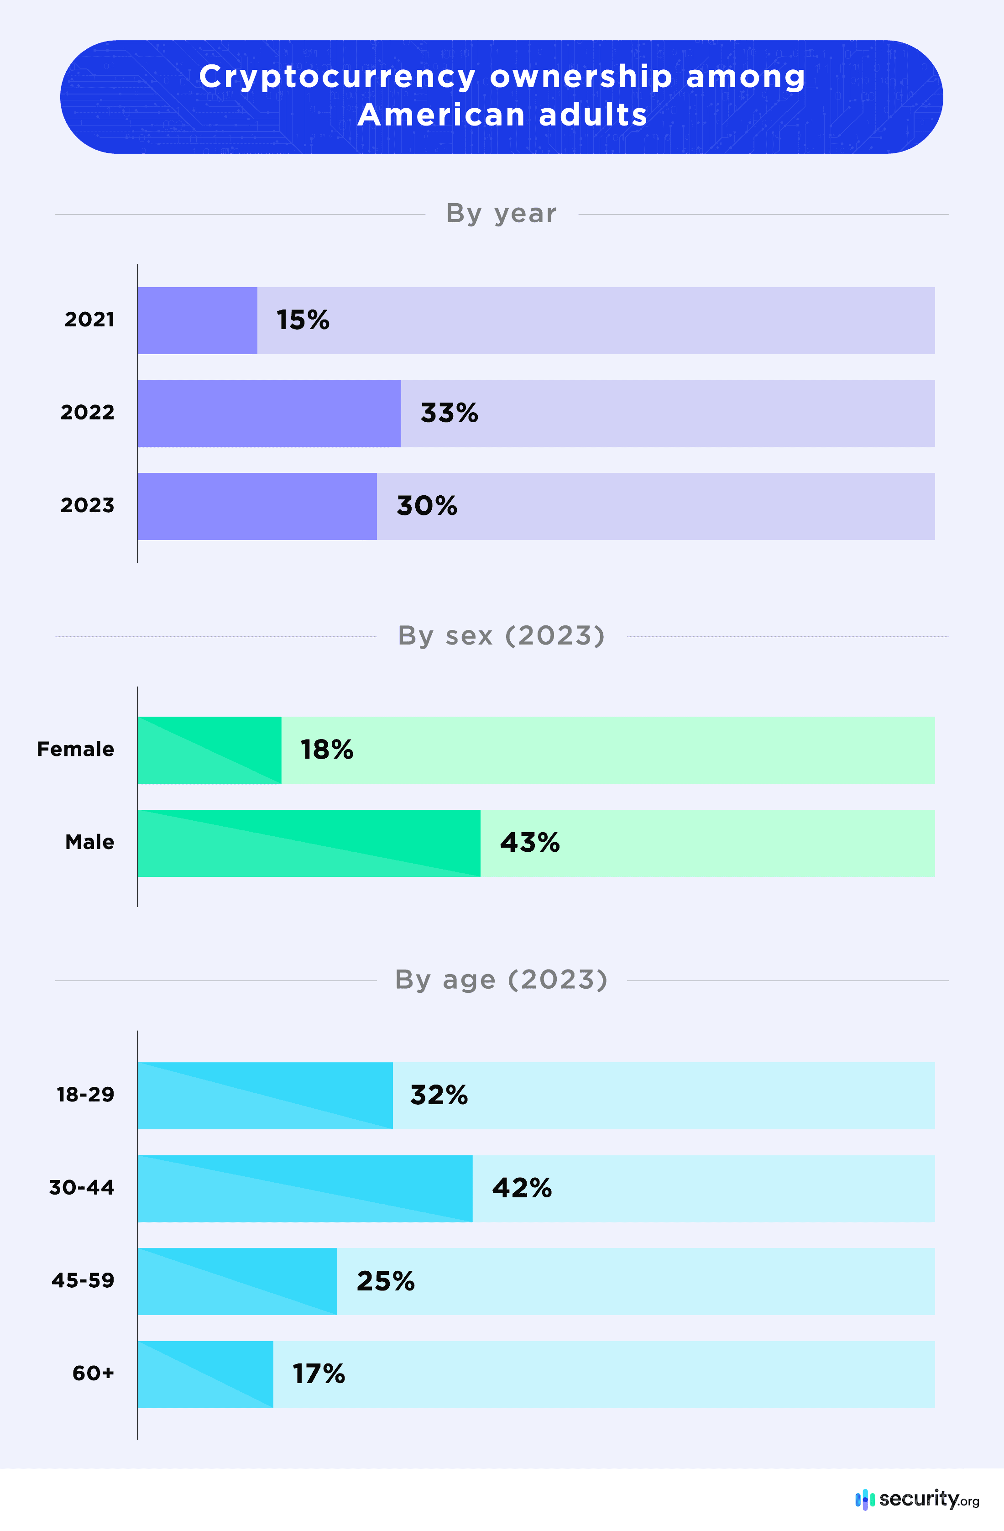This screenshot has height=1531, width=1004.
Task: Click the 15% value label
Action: tap(302, 320)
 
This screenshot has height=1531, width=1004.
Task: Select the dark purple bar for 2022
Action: tap(269, 413)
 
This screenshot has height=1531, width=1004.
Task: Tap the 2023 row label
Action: tap(88, 505)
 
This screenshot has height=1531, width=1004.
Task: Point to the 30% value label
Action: tap(426, 506)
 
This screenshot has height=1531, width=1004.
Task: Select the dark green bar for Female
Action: tap(209, 750)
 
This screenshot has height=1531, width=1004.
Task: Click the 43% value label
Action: tap(529, 842)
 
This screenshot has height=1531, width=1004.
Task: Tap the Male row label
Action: tap(89, 842)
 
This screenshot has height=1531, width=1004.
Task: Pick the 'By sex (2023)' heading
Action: tap(501, 635)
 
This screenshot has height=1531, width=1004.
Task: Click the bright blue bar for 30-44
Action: tap(305, 1188)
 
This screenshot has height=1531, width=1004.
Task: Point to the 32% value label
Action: tap(439, 1095)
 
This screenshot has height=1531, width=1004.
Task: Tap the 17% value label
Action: tap(319, 1374)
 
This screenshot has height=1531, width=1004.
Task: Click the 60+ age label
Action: tap(93, 1374)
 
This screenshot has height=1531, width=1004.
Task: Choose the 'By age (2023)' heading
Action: tap(501, 980)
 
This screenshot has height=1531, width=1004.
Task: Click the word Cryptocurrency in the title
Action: tap(337, 77)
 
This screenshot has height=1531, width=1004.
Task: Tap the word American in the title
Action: tap(441, 115)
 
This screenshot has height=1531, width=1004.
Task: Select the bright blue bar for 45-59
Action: tap(237, 1281)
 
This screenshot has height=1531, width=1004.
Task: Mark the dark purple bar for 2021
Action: tap(198, 320)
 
